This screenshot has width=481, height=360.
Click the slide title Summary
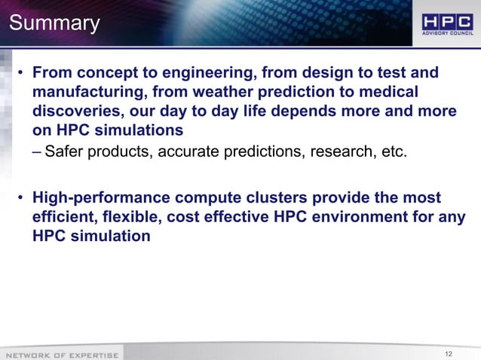point(54,23)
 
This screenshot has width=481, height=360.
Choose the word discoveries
point(78,111)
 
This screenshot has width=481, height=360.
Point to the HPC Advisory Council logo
point(446,23)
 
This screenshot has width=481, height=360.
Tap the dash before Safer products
point(37,154)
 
